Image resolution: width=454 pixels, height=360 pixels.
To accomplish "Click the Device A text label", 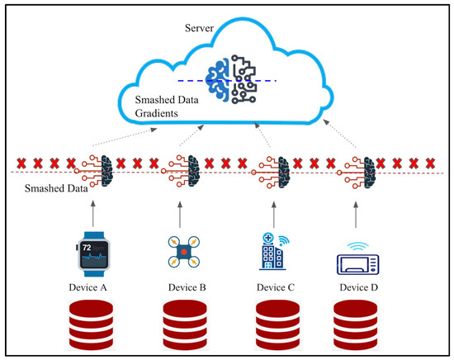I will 93,289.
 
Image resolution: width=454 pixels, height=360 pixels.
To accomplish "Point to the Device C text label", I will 275,289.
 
